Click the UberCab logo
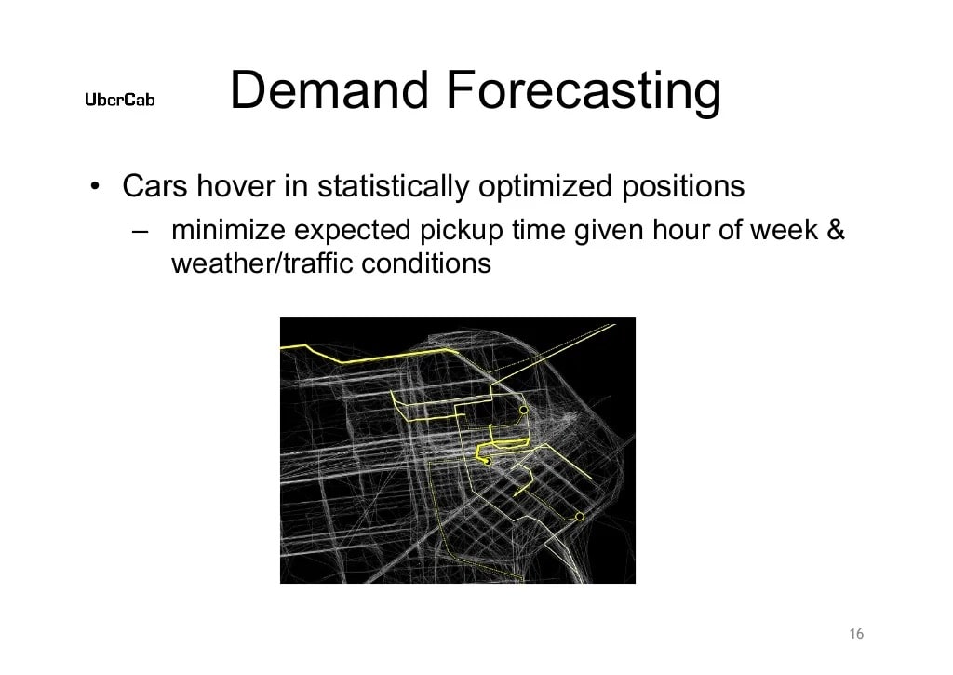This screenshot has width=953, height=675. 120,100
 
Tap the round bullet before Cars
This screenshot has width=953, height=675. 95,187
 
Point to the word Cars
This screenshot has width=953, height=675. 154,187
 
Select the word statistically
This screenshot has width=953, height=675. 394,188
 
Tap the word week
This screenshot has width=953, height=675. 783,230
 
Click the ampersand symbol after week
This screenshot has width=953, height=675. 835,230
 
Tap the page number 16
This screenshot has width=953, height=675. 856,634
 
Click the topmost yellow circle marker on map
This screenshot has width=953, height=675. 523,410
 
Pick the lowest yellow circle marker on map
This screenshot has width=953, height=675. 579,516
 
